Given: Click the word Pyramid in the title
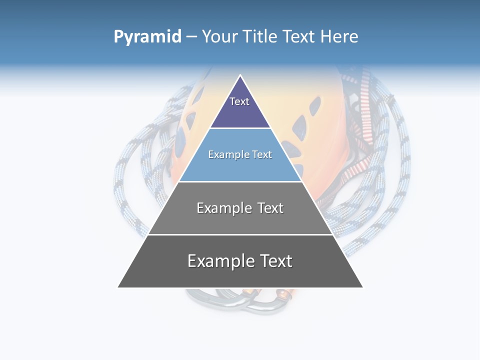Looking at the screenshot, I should pos(147,37).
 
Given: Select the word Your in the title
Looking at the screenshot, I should pos(219,36).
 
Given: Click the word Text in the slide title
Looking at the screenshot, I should pos(299,36).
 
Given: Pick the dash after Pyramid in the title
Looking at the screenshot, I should pos(191,37).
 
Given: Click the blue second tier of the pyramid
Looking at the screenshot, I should pos(240,167).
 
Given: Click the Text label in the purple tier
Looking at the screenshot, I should pos(239,101).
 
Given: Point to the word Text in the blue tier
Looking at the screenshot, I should pos(263,154).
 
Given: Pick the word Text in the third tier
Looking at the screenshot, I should pos(270,208).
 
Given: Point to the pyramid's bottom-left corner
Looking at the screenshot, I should pos(118,287).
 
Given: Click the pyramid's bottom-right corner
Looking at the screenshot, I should pos(363,287).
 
